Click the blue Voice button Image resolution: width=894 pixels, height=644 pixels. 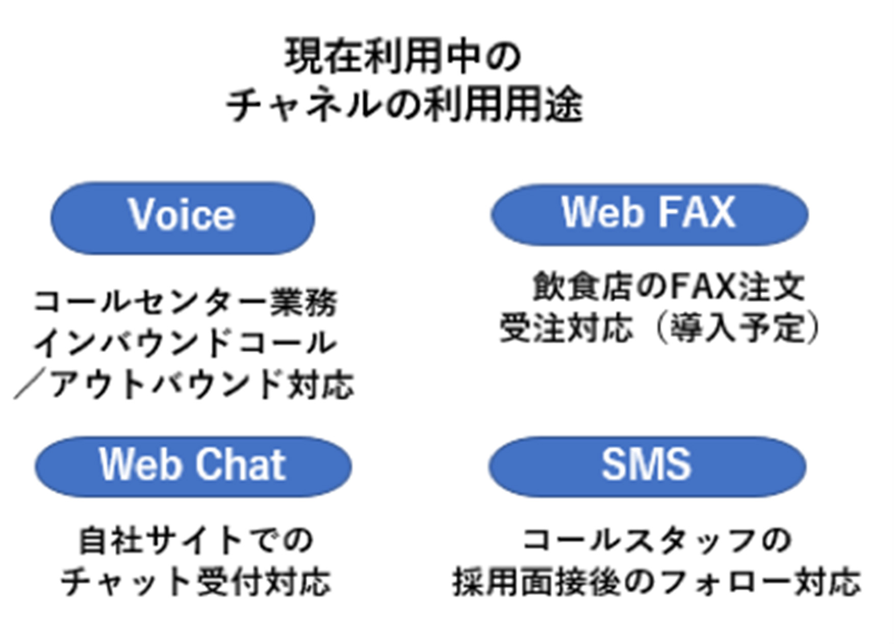183,218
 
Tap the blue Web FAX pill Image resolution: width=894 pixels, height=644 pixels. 649,215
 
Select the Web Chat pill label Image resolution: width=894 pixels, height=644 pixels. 193,466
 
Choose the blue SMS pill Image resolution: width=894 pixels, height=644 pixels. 647,466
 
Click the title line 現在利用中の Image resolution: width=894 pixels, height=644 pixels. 403,56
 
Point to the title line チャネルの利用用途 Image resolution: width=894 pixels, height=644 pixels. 404,105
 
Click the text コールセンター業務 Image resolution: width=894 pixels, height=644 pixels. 185,302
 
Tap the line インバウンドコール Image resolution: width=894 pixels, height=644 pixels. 185,343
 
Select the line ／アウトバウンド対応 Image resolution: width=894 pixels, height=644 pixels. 184,383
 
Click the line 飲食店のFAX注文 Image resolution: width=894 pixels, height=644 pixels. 669,287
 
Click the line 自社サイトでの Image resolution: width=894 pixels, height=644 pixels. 196,540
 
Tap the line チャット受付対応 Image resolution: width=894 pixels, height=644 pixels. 196,581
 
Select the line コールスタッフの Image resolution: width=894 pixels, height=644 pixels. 657,540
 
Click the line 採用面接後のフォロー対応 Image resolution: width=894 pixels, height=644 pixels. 657,581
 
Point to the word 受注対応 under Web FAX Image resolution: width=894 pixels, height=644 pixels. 567,327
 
